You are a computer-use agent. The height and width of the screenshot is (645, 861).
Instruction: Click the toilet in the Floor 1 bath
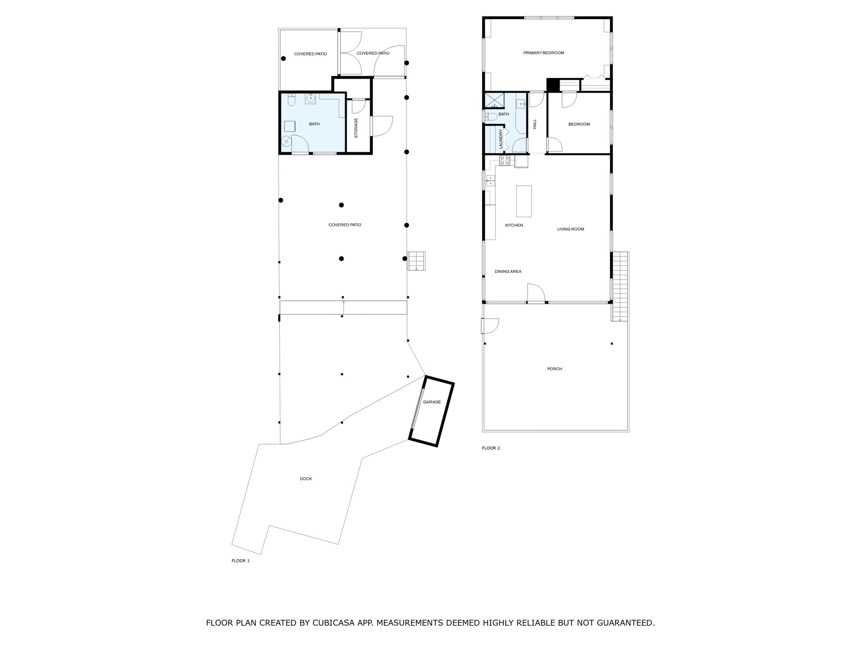pyautogui.click(x=291, y=100)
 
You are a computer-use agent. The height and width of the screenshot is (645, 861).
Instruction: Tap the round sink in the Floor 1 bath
pyautogui.click(x=310, y=99)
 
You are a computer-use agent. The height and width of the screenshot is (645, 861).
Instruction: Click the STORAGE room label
pyautogui.click(x=356, y=128)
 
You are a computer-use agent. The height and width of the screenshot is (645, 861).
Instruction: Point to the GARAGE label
pyautogui.click(x=432, y=402)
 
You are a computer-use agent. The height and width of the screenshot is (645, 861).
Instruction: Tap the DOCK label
pyautogui.click(x=306, y=479)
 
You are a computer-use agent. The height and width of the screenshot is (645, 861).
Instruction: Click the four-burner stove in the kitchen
pyautogui.click(x=505, y=160)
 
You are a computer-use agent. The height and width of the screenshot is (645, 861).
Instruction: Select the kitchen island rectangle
pyautogui.click(x=524, y=201)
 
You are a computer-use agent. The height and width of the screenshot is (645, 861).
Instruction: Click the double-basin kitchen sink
pyautogui.click(x=491, y=181)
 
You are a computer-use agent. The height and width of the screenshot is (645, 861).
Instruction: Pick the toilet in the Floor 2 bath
pyautogui.click(x=491, y=116)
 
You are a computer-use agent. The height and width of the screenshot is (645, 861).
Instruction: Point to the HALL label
pyautogui.click(x=535, y=124)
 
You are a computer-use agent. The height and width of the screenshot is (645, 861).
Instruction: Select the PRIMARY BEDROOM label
pyautogui.click(x=544, y=53)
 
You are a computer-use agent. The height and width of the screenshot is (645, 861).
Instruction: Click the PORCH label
pyautogui.click(x=555, y=369)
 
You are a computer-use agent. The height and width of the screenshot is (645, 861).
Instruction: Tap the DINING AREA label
pyautogui.click(x=508, y=272)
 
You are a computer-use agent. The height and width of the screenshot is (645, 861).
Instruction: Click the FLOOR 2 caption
pyautogui.click(x=491, y=448)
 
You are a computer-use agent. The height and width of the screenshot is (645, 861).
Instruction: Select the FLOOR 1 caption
pyautogui.click(x=240, y=561)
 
